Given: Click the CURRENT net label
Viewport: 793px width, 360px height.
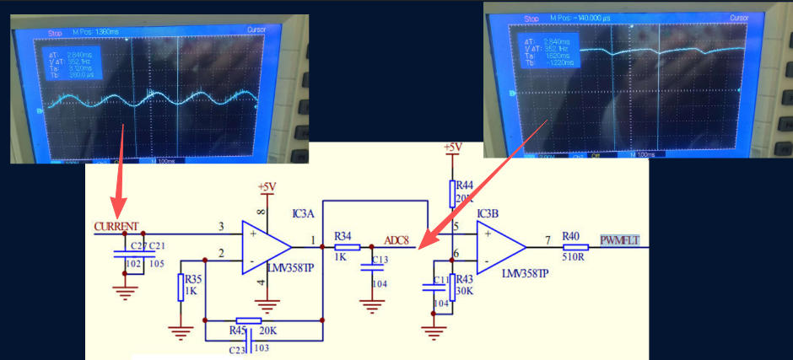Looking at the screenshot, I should pyautogui.click(x=116, y=226).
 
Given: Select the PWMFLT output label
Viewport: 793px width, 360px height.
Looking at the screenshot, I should pyautogui.click(x=619, y=241).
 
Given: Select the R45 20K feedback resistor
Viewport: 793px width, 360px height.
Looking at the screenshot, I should pyautogui.click(x=249, y=321).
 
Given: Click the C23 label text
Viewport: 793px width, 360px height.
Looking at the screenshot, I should pyautogui.click(x=237, y=347).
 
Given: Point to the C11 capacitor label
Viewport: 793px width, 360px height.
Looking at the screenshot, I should pyautogui.click(x=440, y=279).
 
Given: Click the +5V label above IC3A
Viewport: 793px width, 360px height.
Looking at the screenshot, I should pyautogui.click(x=267, y=186).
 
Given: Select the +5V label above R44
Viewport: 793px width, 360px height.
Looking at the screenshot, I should pyautogui.click(x=453, y=148).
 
